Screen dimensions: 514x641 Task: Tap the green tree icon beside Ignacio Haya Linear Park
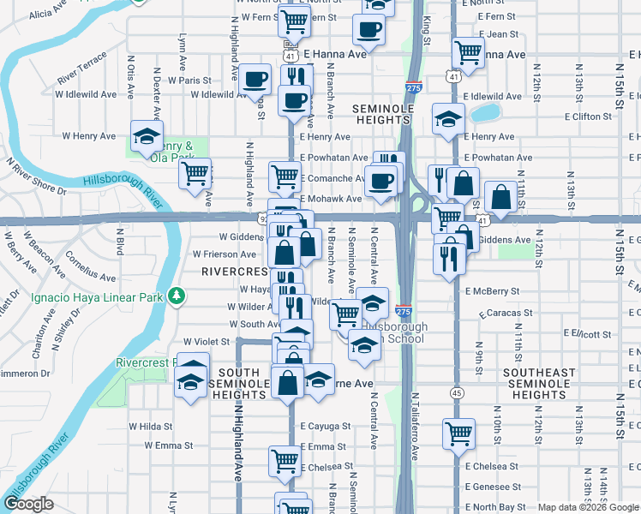177,296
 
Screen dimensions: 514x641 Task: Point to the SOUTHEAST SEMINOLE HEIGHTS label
539,384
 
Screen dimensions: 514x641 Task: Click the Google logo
27,504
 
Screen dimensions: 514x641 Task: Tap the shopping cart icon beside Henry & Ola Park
195,174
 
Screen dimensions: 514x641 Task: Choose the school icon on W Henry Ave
147,136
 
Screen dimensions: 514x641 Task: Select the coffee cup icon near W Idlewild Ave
255,80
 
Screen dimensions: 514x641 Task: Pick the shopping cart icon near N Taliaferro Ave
458,434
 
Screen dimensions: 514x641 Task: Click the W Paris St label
189,80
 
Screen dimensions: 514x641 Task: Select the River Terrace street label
82,68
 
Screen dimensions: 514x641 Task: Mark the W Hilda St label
151,426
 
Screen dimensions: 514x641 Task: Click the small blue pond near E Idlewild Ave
486,113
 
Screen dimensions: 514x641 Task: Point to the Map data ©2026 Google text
587,507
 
